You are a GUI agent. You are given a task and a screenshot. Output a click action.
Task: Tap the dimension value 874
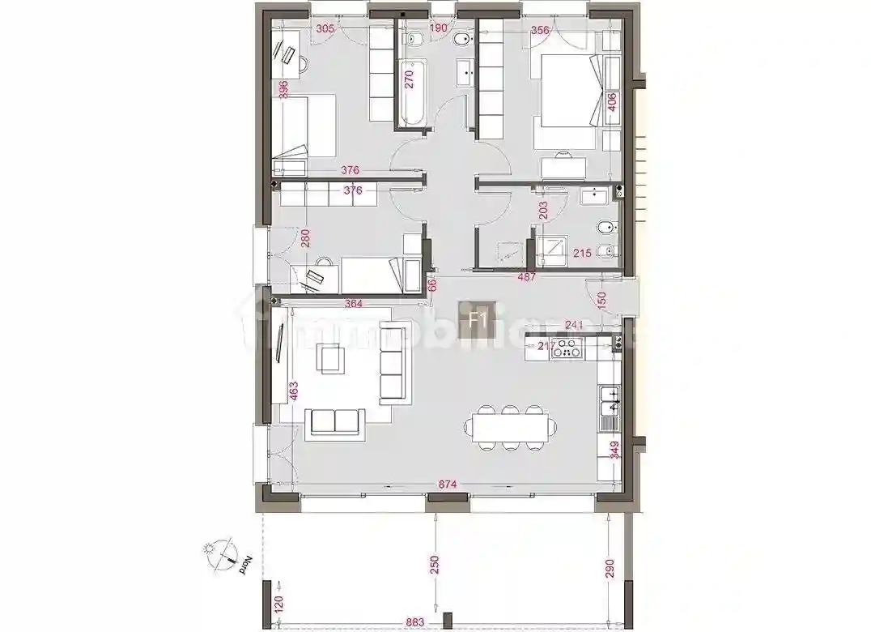(448, 485)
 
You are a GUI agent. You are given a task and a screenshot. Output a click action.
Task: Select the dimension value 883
(414, 622)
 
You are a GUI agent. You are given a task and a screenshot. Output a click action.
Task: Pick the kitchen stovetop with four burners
(569, 349)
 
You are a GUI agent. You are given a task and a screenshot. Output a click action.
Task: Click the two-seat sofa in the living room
(334, 421)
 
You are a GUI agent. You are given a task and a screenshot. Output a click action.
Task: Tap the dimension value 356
(541, 31)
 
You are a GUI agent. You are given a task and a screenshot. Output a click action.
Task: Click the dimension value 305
(325, 29)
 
